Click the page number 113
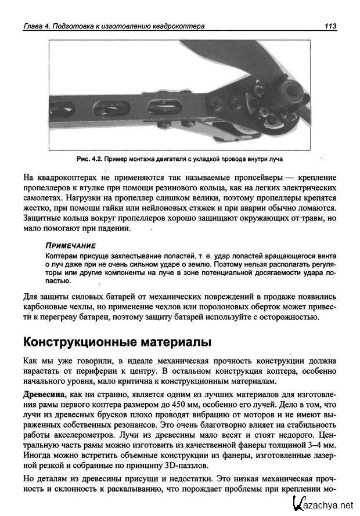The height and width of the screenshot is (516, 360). [331, 26]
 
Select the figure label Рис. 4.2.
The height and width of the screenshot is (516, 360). [89, 158]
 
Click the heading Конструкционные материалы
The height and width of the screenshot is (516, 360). [116, 341]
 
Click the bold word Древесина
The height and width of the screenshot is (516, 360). [44, 395]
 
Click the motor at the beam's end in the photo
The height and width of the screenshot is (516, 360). [289, 90]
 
